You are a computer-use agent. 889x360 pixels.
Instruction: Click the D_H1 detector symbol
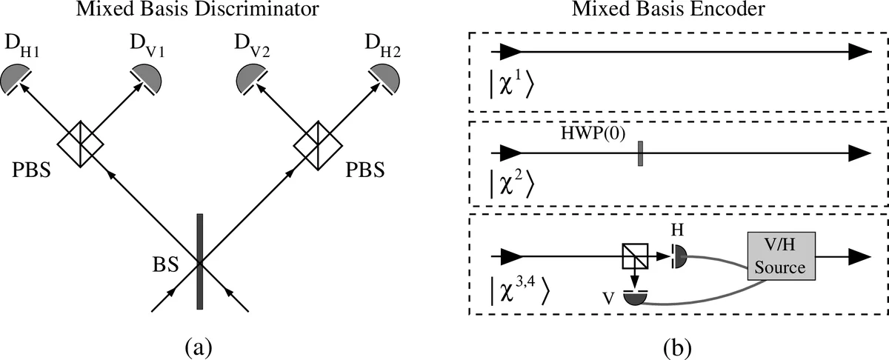tap(17, 78)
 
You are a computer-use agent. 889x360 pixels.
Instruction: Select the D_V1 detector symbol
tap(145, 77)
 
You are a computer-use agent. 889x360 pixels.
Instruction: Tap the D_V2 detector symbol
tap(252, 79)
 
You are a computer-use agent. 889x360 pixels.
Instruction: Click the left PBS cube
tap(81, 140)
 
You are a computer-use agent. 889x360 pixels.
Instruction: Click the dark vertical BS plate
tap(199, 261)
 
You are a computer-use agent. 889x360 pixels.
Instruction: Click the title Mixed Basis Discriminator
tap(199, 11)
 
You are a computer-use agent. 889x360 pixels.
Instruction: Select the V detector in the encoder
tap(635, 297)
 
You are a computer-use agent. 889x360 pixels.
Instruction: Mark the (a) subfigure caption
tap(199, 346)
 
